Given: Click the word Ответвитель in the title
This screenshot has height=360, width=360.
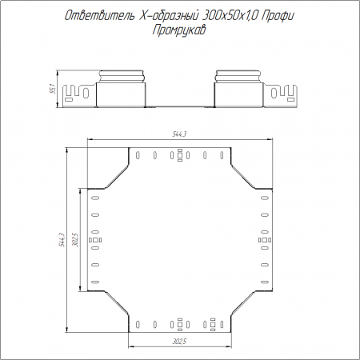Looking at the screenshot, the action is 100,16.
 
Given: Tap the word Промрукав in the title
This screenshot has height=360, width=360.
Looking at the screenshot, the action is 179,30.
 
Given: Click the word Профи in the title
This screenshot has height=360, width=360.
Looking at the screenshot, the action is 278,16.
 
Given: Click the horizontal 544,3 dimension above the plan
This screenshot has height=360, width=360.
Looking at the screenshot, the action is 179,134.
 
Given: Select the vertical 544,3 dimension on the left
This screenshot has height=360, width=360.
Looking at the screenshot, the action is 62,239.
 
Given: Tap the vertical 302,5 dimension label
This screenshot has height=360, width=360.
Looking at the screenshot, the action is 75,239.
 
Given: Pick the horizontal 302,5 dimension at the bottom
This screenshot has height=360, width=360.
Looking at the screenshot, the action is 179,342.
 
